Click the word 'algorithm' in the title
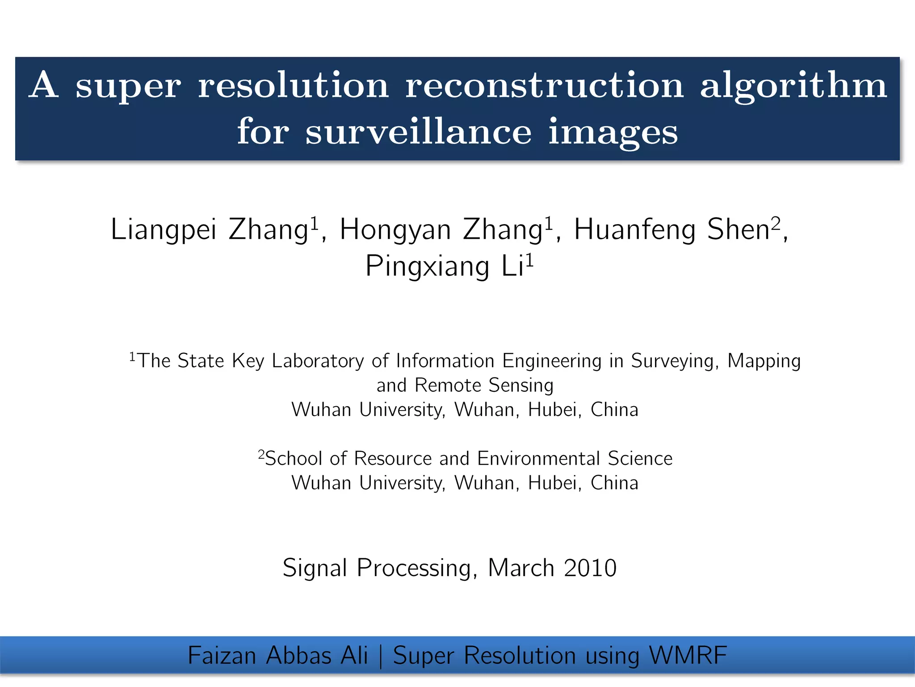coord(793,86)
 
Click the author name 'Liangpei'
coord(164,230)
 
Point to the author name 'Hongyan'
coord(395,230)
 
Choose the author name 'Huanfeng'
coord(635,230)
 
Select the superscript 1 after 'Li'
coord(529,259)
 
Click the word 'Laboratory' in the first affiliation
coord(318,361)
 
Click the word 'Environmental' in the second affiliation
coord(538,458)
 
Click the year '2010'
coord(590,568)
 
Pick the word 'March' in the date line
coord(521,568)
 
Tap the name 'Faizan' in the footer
coord(222,656)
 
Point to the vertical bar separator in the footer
coord(380,656)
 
